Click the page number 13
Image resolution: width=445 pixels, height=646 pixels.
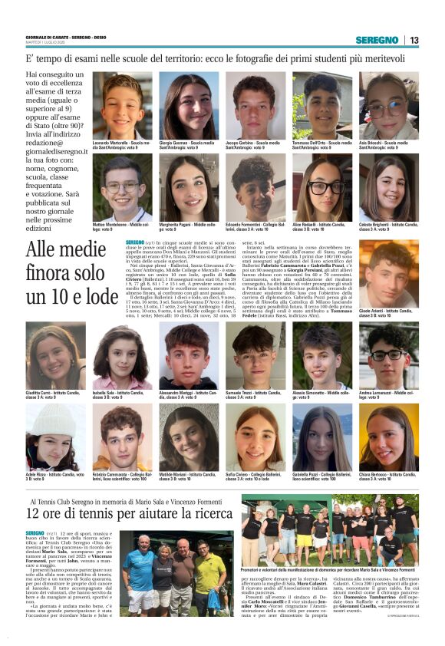(x=414, y=40)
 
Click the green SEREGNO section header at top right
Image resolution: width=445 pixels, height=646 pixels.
(x=377, y=40)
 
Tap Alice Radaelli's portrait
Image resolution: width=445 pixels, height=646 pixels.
(x=321, y=186)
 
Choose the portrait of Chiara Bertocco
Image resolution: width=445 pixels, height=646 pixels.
(x=388, y=437)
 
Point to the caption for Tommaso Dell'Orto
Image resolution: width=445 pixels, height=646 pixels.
(x=321, y=144)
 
